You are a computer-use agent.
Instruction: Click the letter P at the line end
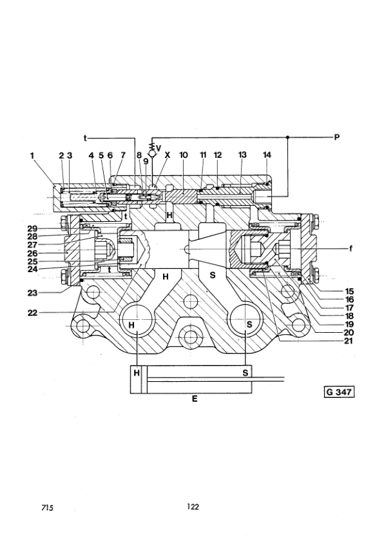coord(336,137)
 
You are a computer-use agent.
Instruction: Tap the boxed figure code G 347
coord(339,391)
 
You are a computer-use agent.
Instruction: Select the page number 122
coord(192,507)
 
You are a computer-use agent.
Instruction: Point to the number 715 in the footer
coord(46,508)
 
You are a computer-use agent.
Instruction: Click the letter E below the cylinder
coord(194,399)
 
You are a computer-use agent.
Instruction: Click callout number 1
coord(31,155)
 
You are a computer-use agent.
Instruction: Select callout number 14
coord(267,155)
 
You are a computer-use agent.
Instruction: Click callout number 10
coord(184,155)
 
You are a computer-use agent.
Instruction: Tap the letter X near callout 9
coord(169,155)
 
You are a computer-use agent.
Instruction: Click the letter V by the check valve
coord(158,148)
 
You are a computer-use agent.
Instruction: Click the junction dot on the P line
coord(287,137)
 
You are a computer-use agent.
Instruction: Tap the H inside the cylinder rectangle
coord(137,373)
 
